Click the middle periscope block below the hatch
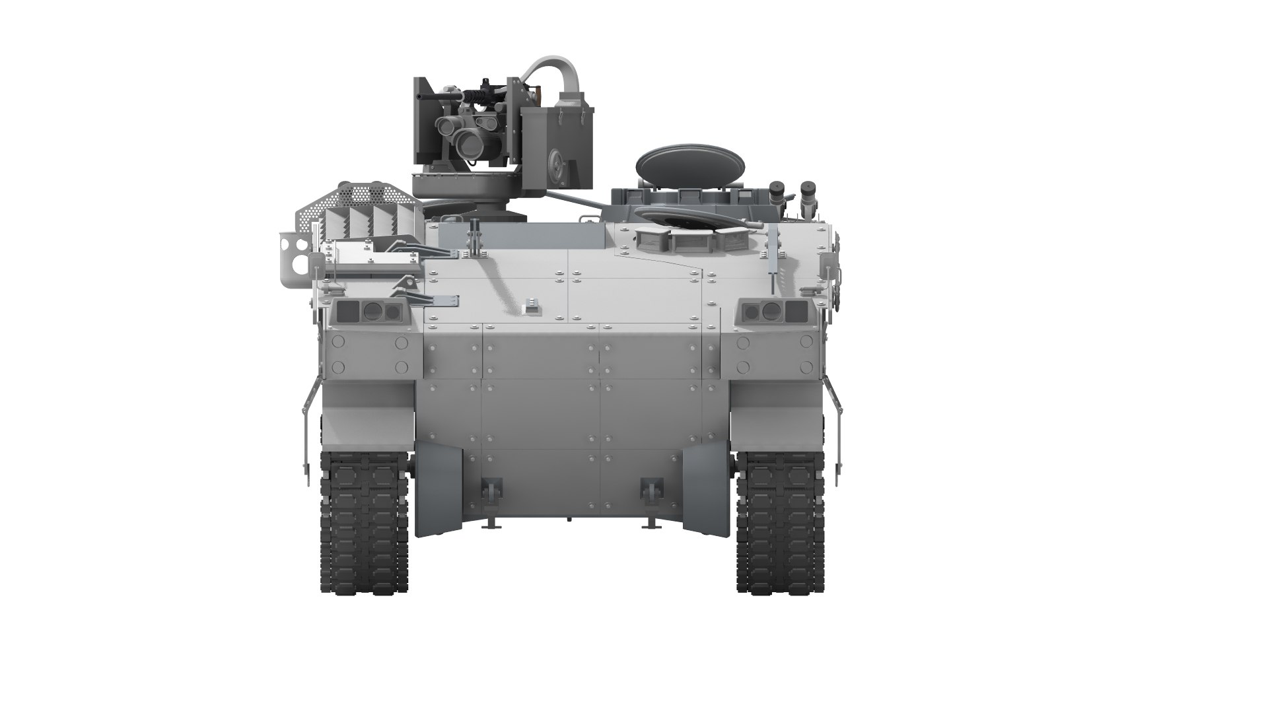pos(688,240)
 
